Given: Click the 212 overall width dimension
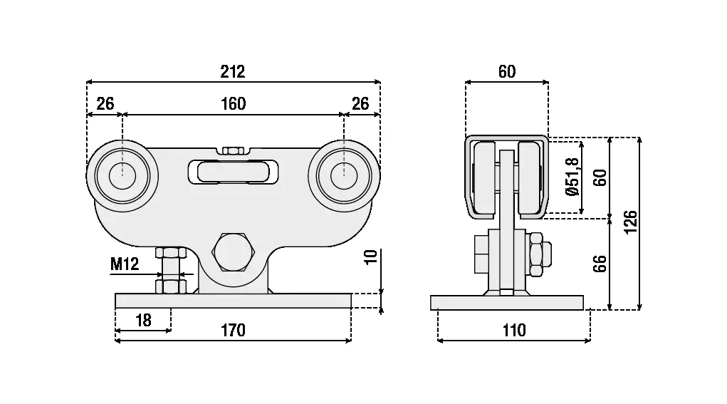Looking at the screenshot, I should [232, 72].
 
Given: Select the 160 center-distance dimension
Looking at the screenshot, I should [232, 104].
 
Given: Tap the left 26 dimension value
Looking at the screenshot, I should [105, 104].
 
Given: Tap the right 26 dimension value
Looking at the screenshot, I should [360, 104].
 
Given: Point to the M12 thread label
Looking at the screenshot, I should [125, 265].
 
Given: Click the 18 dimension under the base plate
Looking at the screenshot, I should [143, 320].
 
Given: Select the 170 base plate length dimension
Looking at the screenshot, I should [232, 330].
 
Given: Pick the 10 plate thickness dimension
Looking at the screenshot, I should [370, 257].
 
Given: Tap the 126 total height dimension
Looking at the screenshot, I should [629, 223].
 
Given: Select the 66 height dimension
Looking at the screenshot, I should [600, 263].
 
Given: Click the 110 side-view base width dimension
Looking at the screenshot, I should [513, 330].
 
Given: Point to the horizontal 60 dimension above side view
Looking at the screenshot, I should [506, 72].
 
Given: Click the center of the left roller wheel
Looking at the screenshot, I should [122, 175].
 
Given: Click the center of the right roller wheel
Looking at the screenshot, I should [343, 175].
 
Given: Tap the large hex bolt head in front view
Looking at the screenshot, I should [232, 252].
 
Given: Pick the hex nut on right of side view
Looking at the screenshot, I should [539, 252].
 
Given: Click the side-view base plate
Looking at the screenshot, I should [507, 302].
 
